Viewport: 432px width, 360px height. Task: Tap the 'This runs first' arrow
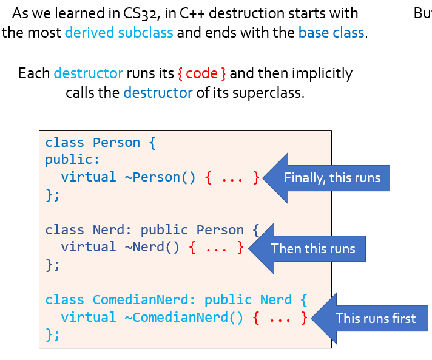371,318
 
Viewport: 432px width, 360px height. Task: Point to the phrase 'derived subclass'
119,32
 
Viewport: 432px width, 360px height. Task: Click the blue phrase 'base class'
331,32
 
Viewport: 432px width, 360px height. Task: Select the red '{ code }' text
202,74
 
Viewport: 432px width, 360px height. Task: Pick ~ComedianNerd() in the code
187,317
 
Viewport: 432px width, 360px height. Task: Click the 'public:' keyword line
72,160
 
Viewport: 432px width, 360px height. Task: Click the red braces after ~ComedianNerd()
280,317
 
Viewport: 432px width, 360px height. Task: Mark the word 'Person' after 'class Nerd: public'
220,230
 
